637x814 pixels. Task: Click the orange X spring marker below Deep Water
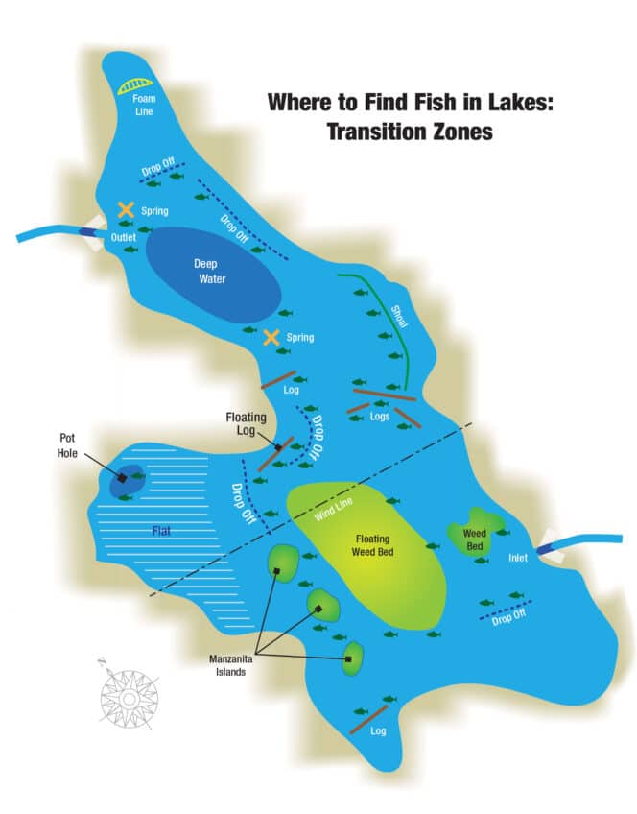[x=271, y=337]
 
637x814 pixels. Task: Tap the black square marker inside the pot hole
[x=124, y=477]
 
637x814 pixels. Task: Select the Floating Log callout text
[x=246, y=424]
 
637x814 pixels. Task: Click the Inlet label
[x=518, y=559]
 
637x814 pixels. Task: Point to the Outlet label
[x=123, y=237]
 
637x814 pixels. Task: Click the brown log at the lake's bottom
[x=368, y=720]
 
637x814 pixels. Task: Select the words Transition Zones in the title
[x=410, y=132]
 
